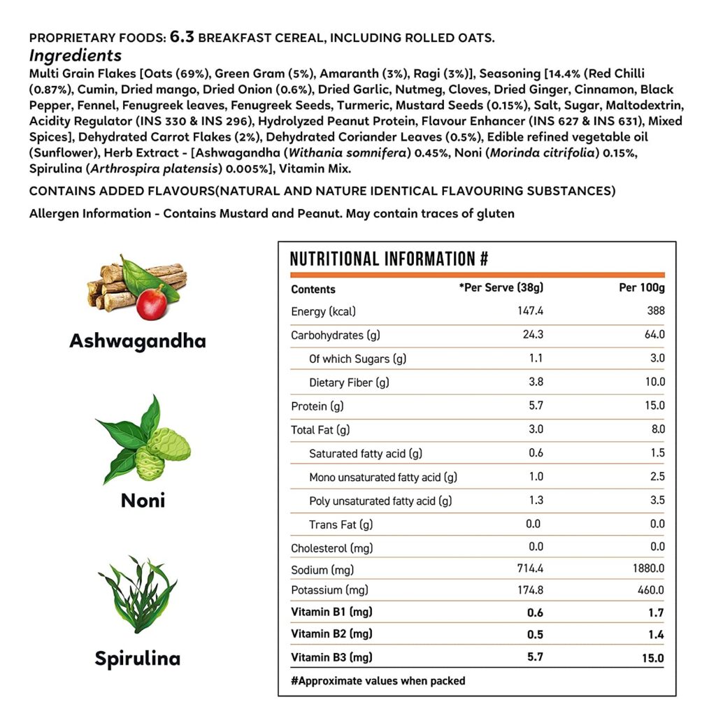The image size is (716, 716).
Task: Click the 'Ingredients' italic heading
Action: click(76, 56)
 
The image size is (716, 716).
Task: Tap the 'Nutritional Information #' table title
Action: click(389, 259)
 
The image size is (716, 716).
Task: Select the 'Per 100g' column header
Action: click(643, 288)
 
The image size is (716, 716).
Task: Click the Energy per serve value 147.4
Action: click(529, 311)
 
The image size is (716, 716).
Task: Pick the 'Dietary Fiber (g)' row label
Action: click(350, 382)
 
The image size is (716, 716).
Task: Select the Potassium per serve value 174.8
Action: click(529, 590)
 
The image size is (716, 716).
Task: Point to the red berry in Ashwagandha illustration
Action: click(151, 303)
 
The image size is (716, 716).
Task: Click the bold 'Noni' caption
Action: click(143, 501)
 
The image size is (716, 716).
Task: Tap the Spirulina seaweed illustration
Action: click(138, 594)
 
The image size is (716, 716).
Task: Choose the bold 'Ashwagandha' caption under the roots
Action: click(138, 341)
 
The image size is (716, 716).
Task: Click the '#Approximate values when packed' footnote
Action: click(378, 680)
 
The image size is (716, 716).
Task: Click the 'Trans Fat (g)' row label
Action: click(341, 524)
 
